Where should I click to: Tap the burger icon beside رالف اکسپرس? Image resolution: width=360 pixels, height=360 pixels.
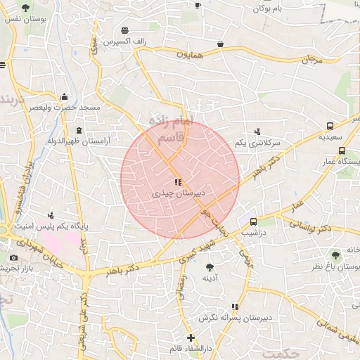click(124, 30)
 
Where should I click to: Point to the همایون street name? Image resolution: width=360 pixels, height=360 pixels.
click(189, 53)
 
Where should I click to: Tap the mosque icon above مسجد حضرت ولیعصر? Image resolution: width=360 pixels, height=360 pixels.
click(65, 97)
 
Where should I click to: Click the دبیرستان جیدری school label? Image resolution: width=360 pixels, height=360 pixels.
click(178, 192)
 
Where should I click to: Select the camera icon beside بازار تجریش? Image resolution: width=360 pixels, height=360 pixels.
click(13, 258)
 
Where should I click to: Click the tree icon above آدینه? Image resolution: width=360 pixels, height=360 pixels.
click(210, 266)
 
